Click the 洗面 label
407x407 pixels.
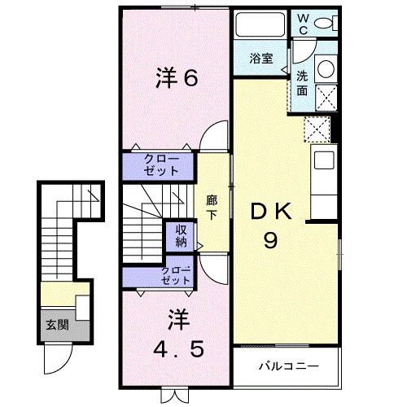tap(301, 81)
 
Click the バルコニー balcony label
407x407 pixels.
tap(289, 365)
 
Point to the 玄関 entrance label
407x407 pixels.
tap(56, 326)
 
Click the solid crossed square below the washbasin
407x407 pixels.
tap(326, 95)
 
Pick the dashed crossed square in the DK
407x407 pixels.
tap(315, 129)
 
